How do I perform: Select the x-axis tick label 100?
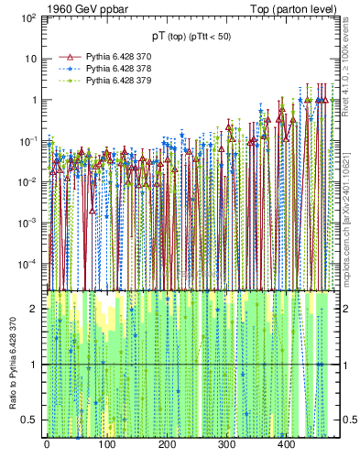[106, 445]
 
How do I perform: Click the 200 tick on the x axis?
[167, 445]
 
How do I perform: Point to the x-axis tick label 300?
[226, 445]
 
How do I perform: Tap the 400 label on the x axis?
[286, 445]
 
